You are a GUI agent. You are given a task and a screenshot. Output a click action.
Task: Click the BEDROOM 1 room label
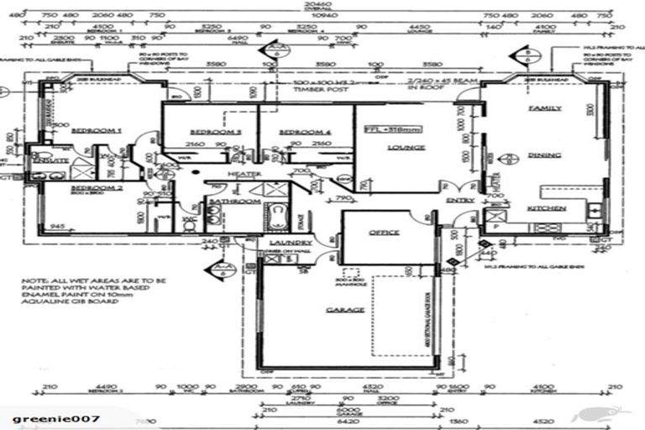97,131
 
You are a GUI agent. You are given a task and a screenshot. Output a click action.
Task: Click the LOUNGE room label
406,147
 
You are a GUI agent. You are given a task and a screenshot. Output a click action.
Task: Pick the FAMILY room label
544,109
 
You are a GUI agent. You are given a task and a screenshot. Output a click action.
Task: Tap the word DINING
544,155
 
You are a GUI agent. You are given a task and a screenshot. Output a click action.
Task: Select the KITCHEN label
546,207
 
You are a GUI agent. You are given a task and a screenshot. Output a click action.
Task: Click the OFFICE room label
384,232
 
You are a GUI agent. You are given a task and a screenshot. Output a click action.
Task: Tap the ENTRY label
460,200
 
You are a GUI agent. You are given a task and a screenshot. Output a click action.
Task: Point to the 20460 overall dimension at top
322,4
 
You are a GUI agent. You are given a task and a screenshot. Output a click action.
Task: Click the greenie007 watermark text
55,417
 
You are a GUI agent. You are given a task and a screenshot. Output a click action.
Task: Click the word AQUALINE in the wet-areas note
48,301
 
